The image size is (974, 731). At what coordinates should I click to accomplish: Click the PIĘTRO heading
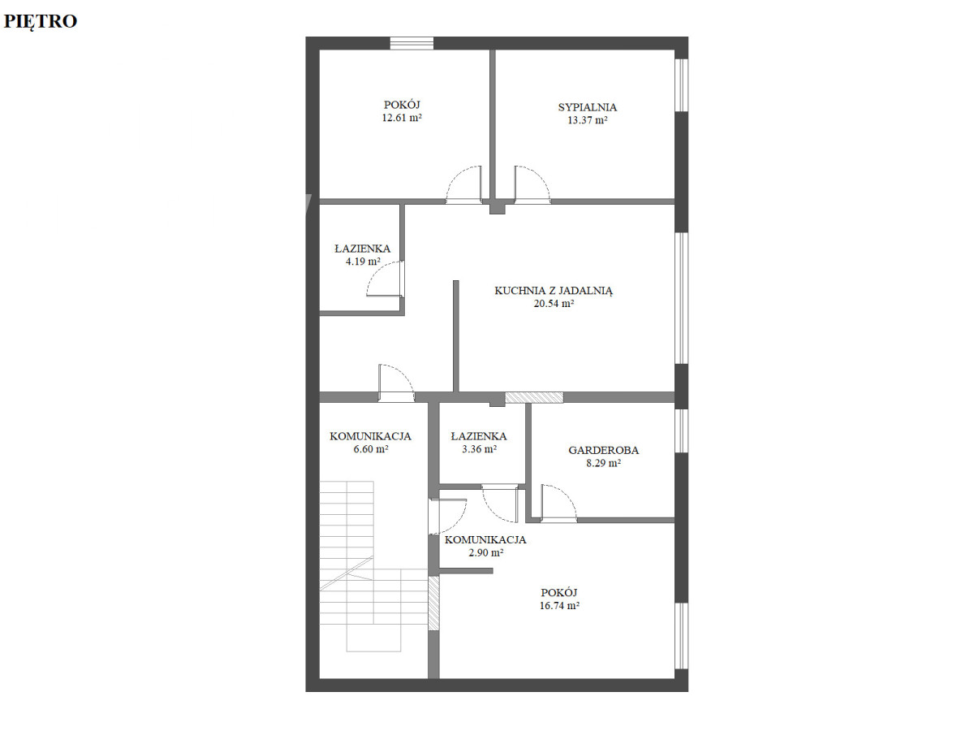[41, 21]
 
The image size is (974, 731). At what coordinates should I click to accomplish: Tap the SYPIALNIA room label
[587, 107]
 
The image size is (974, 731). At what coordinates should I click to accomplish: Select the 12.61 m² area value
[402, 118]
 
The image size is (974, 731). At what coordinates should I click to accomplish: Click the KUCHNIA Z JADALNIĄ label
[554, 291]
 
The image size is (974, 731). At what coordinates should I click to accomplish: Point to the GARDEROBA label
[604, 450]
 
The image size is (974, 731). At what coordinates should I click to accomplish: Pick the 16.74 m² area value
[559, 605]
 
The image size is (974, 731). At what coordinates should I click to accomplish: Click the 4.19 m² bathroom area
[363, 262]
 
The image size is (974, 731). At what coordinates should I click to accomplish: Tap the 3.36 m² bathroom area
[479, 448]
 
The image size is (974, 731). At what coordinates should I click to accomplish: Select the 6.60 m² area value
[370, 448]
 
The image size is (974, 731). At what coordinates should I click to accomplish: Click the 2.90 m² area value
[485, 552]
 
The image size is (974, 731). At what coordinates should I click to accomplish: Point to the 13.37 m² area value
[587, 120]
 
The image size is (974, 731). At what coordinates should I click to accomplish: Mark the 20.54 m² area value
[554, 304]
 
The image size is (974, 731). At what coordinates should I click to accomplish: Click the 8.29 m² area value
[604, 463]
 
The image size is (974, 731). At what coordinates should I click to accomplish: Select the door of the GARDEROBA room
[558, 503]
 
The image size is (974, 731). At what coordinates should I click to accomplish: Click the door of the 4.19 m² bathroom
[386, 279]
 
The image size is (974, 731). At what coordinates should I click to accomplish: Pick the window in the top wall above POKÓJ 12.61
[412, 43]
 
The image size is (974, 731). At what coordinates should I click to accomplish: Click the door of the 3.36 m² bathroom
[500, 504]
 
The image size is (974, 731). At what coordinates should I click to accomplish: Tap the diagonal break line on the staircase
[347, 573]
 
